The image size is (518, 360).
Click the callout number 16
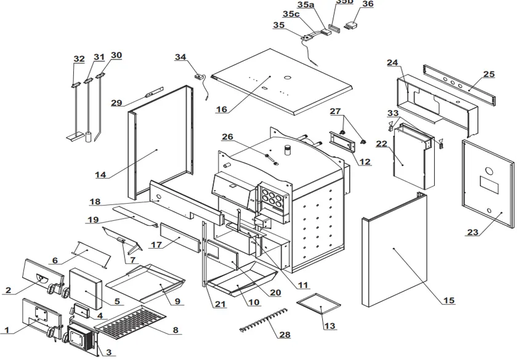(x=222, y=110)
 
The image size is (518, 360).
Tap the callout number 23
(x=472, y=233)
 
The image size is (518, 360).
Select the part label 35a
(x=306, y=5)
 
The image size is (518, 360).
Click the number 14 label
(x=100, y=175)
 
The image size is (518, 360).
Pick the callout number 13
(x=330, y=326)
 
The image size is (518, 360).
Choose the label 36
(x=368, y=4)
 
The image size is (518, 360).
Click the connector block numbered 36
(x=350, y=26)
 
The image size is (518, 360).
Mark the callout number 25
(x=488, y=74)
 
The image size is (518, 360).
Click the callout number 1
(x=7, y=330)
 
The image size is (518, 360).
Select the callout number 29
(x=116, y=103)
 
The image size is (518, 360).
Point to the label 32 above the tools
(x=79, y=59)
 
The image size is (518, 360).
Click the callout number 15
(x=449, y=300)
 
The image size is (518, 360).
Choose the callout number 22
(x=382, y=143)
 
